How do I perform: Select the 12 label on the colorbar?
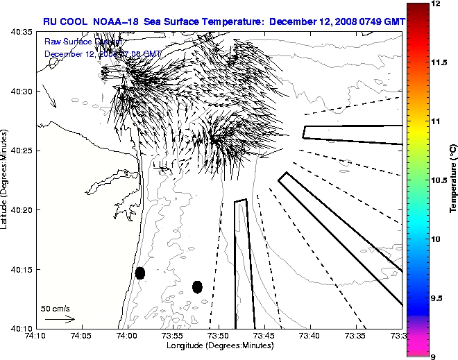pos(435,4)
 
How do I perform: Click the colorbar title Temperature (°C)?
pos(452,180)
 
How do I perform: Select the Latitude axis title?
pos(6,179)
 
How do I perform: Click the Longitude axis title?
pos(219,345)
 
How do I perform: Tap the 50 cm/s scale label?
pos(56,309)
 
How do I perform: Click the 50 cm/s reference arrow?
pos(60,319)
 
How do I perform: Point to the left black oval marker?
pos(140,273)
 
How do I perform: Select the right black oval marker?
pos(197,286)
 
